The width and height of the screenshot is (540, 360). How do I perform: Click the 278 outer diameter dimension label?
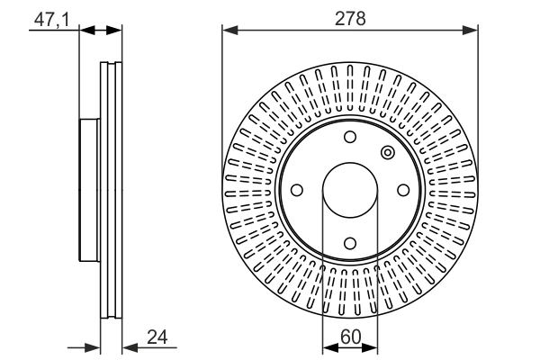pyautogui.click(x=350, y=18)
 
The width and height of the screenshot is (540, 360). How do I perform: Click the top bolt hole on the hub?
pyautogui.click(x=350, y=137)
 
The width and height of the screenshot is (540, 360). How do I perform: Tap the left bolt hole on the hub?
pyautogui.click(x=297, y=190)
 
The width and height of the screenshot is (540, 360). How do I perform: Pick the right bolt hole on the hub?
pyautogui.click(x=403, y=190)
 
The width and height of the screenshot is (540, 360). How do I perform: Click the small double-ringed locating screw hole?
pyautogui.click(x=388, y=152)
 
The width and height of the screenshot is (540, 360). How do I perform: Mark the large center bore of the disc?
pyautogui.click(x=350, y=190)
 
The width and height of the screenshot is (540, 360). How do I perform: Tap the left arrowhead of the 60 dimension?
pyautogui.click(x=329, y=347)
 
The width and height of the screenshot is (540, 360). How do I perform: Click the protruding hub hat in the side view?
pyautogui.click(x=89, y=190)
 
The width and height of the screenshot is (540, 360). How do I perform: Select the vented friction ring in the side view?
pyautogui.click(x=110, y=190)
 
